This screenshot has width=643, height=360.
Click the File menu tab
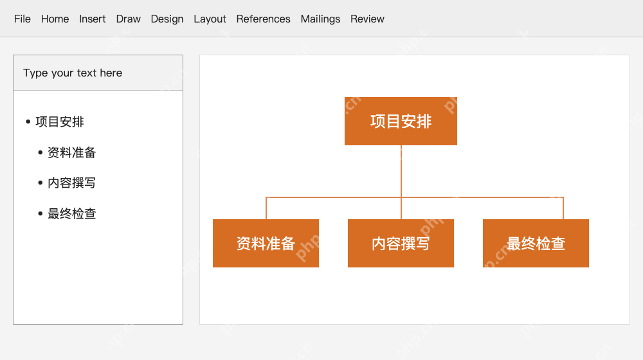[x=22, y=19]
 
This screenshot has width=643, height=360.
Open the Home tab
[x=55, y=19]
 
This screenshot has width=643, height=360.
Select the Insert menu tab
[x=92, y=19]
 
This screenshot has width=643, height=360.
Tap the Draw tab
[x=129, y=19]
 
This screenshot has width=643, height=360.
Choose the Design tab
[x=167, y=19]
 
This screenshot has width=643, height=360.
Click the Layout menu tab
[x=210, y=19]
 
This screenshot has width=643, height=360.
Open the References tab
[x=263, y=19]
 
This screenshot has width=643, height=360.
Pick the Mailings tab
[x=320, y=19]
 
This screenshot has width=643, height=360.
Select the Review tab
[x=367, y=19]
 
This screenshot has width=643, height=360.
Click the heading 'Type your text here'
[x=73, y=73]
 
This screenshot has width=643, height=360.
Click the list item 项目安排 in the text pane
[x=60, y=122]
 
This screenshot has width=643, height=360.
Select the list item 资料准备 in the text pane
[x=72, y=152]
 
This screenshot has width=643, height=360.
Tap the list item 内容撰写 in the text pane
[x=72, y=183]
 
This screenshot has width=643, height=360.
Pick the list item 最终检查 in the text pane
[x=72, y=213]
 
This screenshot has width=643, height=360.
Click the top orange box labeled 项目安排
[x=401, y=121]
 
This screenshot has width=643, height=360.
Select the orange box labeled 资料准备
[x=266, y=243]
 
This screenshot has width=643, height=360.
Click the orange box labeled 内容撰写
[x=401, y=243]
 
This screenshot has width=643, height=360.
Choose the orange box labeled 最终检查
[x=536, y=243]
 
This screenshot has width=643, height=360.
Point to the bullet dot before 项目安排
[x=28, y=122]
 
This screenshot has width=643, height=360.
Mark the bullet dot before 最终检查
[x=40, y=213]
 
